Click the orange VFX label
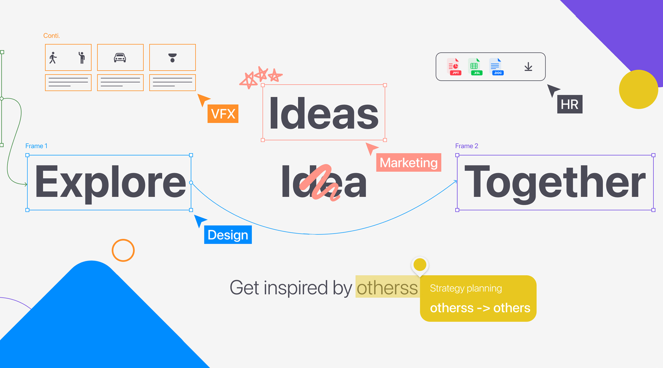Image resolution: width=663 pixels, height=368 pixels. click(223, 113)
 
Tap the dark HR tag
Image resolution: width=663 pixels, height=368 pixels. click(569, 104)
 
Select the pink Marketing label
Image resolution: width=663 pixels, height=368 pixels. click(408, 162)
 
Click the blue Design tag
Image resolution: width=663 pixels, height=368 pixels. click(228, 234)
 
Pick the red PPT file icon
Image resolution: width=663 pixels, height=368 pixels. click(454, 67)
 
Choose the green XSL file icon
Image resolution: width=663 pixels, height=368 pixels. click(475, 67)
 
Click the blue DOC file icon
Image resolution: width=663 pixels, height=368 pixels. click(496, 67)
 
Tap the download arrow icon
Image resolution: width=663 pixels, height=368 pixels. click(528, 67)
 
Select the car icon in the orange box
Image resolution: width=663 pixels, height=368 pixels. click(120, 58)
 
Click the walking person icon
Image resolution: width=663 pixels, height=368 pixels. click(53, 58)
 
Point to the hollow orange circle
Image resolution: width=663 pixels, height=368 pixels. click(123, 240)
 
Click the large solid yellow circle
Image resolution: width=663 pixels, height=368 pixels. click(638, 89)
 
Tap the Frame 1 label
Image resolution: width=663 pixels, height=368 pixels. click(36, 146)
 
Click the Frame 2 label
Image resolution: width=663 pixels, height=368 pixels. click(467, 146)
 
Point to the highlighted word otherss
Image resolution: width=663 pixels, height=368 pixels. click(387, 288)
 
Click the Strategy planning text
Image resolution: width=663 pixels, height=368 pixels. click(466, 289)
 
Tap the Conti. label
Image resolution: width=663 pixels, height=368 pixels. click(52, 36)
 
